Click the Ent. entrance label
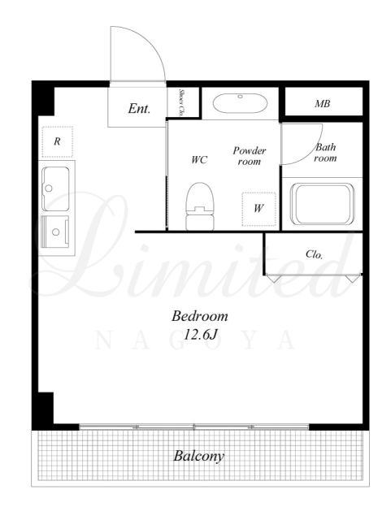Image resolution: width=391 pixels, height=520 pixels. click(139, 108)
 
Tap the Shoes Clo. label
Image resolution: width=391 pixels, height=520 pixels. click(181, 102)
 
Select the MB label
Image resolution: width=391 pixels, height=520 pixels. click(322, 104)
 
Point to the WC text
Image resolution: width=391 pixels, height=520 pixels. click(199, 160)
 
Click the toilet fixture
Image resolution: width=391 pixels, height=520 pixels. click(199, 206)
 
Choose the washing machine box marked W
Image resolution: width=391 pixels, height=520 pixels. click(258, 209)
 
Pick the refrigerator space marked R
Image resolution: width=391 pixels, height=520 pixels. click(58, 141)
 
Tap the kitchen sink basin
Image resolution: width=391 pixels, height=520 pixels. click(55, 188)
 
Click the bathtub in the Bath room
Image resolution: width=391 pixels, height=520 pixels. click(322, 204)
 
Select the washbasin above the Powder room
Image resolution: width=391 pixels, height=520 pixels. click(240, 103)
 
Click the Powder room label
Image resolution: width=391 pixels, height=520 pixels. click(250, 156)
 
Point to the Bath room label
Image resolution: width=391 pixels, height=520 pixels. click(325, 153)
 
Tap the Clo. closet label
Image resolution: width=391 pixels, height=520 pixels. click(314, 254)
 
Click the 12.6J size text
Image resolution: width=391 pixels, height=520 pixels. click(200, 335)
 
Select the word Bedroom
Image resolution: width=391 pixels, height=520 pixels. click(200, 316)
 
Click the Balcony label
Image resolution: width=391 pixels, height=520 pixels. click(199, 456)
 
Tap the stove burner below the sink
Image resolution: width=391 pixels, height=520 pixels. click(55, 232)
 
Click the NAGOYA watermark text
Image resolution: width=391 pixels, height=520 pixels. click(195, 340)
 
